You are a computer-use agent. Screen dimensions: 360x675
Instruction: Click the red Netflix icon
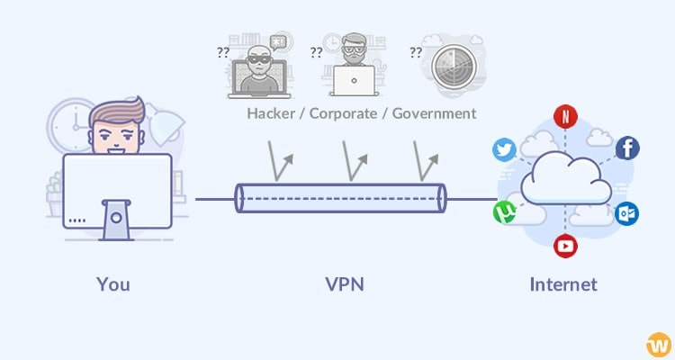coord(565,115)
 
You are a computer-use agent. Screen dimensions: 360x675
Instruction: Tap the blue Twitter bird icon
coord(506,149)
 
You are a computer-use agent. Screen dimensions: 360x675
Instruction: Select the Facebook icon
coord(627,148)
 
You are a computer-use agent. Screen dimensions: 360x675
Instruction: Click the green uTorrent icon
coord(505,212)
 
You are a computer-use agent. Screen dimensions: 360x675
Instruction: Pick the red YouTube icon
coord(565,245)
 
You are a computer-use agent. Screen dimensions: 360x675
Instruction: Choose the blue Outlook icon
coord(627,213)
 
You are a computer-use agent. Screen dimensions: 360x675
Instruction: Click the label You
coord(113,284)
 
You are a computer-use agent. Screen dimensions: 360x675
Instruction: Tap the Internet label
coord(563,284)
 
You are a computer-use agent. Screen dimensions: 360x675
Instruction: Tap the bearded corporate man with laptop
coord(355,67)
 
